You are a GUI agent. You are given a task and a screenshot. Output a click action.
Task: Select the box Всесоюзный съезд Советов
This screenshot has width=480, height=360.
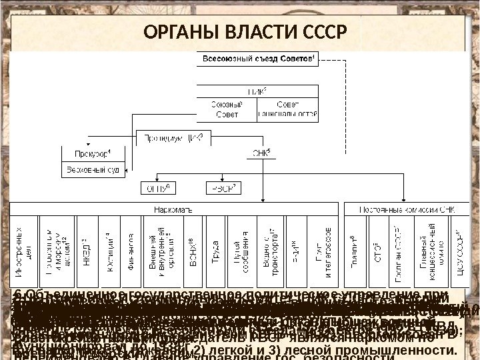pos(255,60)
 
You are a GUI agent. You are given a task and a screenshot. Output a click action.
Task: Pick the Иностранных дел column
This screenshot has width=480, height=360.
pos(25,251)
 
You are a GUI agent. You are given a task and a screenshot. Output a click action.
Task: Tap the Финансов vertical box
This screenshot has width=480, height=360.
pos(129,251)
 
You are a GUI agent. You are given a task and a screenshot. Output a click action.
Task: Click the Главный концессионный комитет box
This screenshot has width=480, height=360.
pos(427,251)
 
